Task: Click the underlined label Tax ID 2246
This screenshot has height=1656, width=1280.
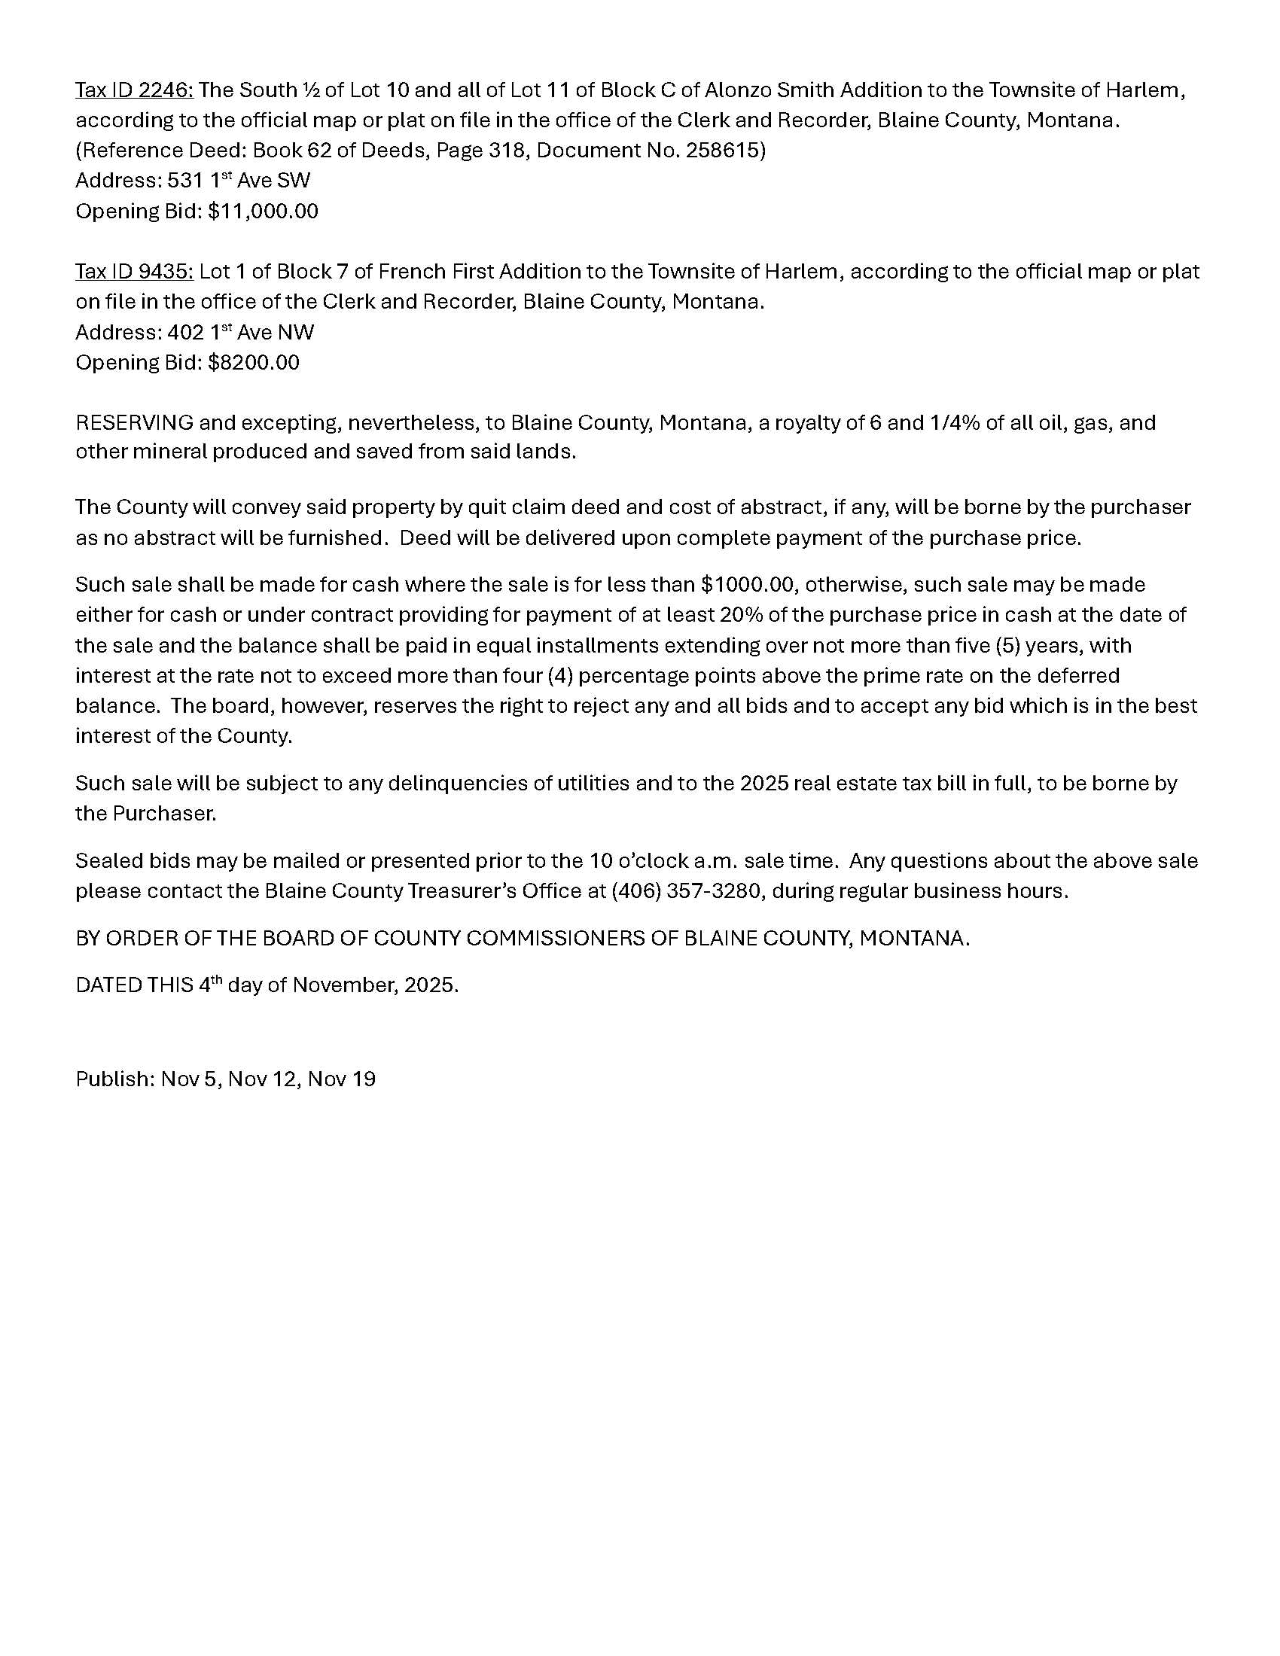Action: pyautogui.click(x=134, y=90)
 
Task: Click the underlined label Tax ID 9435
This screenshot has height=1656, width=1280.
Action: pyautogui.click(x=134, y=272)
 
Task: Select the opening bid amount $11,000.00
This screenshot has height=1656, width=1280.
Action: pyautogui.click(x=263, y=211)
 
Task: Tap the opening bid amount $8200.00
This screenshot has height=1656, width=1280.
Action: pyautogui.click(x=254, y=363)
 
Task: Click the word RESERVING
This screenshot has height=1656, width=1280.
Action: pyautogui.click(x=134, y=422)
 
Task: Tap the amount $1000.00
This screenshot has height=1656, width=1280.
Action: pyautogui.click(x=747, y=585)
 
